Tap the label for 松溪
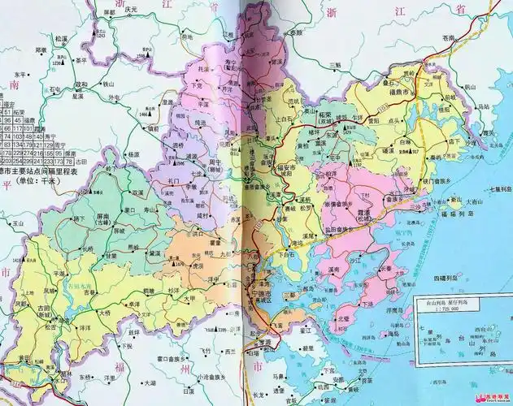tap(61, 38)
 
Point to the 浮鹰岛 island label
tap(393, 308)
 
